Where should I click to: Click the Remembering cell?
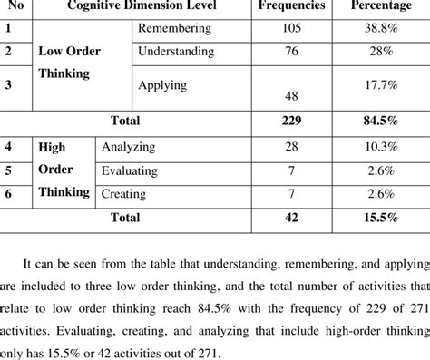(174, 29)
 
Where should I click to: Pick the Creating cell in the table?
(124, 193)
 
